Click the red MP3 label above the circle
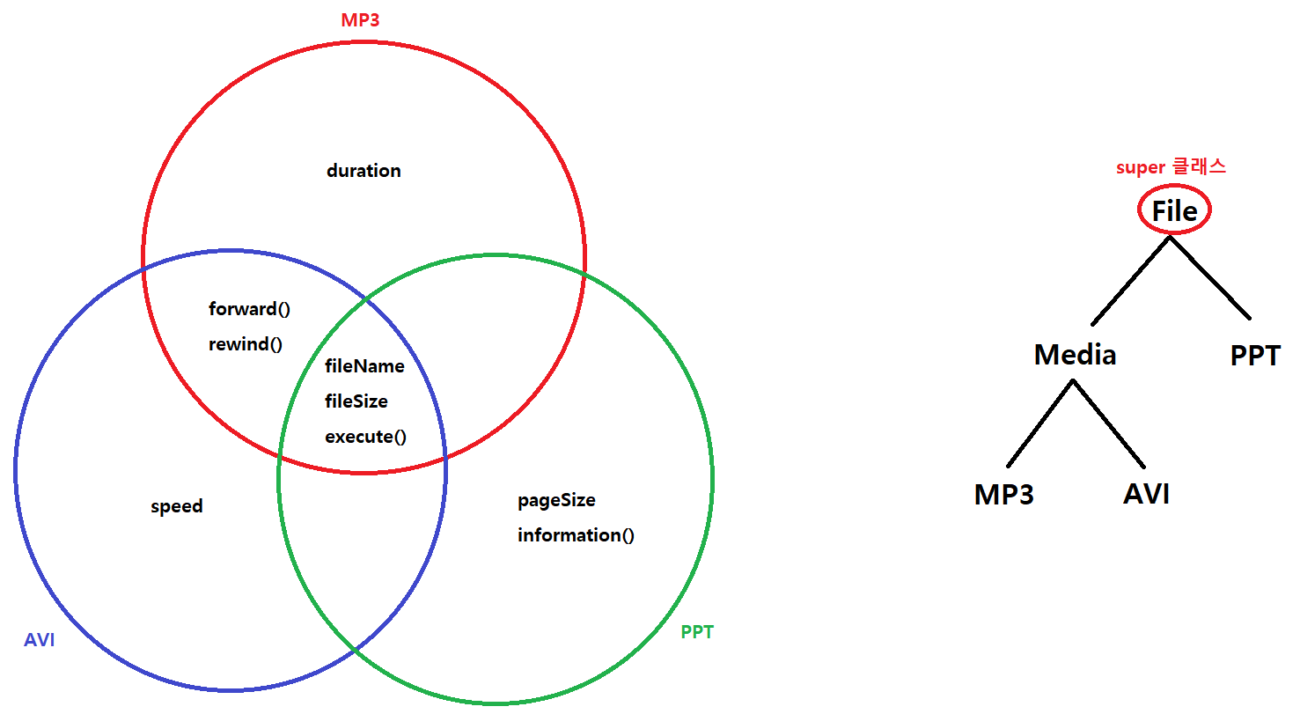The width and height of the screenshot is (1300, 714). coord(360,19)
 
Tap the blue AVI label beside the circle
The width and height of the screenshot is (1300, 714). coord(40,640)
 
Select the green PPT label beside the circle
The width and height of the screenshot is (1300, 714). coord(697,632)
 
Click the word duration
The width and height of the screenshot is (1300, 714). coord(364,171)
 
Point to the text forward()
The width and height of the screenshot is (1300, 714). coord(249,309)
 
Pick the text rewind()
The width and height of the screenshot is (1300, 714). coord(246,344)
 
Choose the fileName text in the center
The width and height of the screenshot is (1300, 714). coord(365,366)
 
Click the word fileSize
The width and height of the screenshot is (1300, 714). coord(356,401)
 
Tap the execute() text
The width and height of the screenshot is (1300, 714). coord(366,437)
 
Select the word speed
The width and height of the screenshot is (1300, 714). coord(177,506)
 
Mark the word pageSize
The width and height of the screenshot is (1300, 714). coord(556,500)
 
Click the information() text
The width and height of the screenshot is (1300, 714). coord(576,535)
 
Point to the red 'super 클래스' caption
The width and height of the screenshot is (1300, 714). coord(1171,167)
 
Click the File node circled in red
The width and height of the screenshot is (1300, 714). coord(1175,211)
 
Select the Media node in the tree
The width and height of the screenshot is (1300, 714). coord(1075,355)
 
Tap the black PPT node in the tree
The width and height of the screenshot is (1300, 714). coord(1255,356)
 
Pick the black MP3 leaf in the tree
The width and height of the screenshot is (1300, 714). coord(1004,495)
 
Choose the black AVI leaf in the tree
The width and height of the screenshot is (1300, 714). coord(1146,495)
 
